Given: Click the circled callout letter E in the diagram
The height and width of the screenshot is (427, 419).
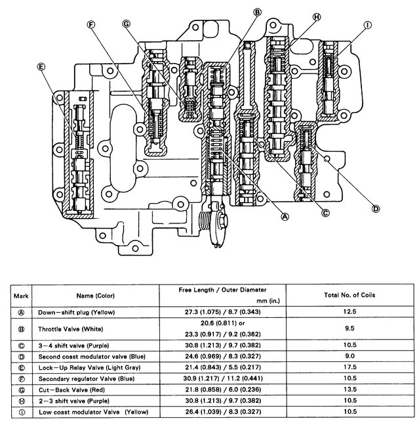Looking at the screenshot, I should click(x=41, y=66).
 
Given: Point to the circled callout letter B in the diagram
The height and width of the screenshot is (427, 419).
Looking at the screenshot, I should click(x=257, y=11).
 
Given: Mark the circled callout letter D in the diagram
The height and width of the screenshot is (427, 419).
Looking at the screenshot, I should click(x=376, y=209).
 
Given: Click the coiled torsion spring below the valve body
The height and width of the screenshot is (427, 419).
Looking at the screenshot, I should click(x=210, y=223).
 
